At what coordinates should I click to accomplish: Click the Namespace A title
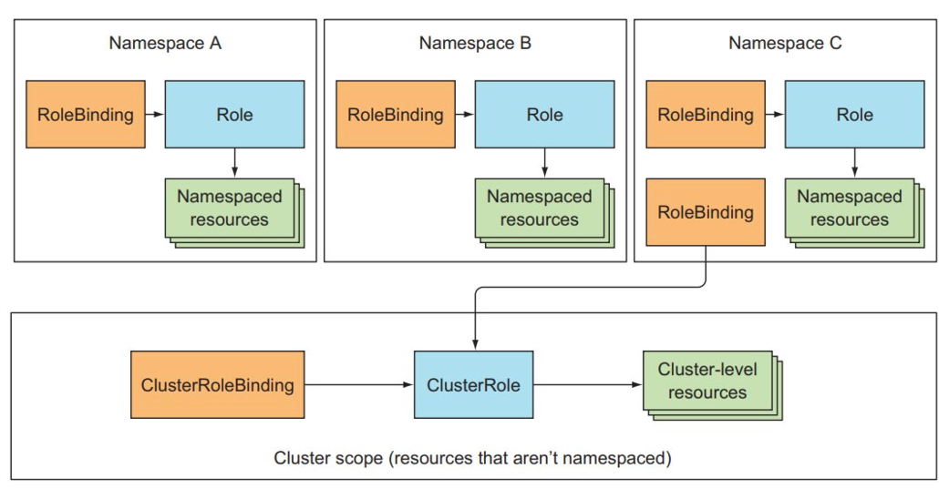pyautogui.click(x=165, y=43)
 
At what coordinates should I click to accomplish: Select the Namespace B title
pyautogui.click(x=475, y=43)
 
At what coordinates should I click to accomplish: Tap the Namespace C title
pyautogui.click(x=785, y=43)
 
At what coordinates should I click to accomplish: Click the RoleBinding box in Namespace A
pyautogui.click(x=86, y=115)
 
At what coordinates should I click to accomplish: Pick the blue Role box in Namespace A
pyautogui.click(x=234, y=115)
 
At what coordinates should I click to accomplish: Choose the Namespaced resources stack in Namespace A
pyautogui.click(x=230, y=209)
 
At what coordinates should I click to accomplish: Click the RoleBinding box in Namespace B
pyautogui.click(x=396, y=115)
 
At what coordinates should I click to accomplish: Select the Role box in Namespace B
pyautogui.click(x=544, y=115)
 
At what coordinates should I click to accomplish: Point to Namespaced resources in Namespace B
pyautogui.click(x=540, y=209)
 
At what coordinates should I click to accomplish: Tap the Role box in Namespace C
pyautogui.click(x=854, y=115)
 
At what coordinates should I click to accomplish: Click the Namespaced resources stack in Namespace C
pyautogui.click(x=850, y=209)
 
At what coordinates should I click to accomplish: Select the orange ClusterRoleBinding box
pyautogui.click(x=218, y=385)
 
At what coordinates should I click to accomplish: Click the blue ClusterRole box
pyautogui.click(x=473, y=385)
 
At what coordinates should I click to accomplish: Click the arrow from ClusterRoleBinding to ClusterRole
pyautogui.click(x=358, y=385)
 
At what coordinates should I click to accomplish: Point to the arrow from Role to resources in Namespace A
pyautogui.click(x=234, y=162)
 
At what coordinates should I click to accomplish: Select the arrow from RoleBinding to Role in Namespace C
pyautogui.click(x=775, y=115)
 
